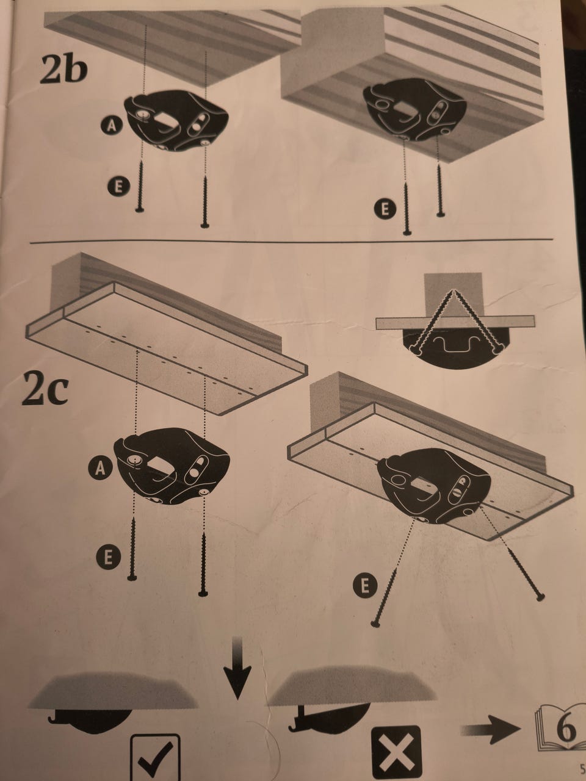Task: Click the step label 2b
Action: pos(63,70)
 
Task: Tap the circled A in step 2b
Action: pos(111,126)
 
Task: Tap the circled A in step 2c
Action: pos(100,468)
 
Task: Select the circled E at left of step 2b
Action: pos(119,187)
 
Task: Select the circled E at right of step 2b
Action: pos(385,209)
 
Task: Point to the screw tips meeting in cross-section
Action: pos(453,291)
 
